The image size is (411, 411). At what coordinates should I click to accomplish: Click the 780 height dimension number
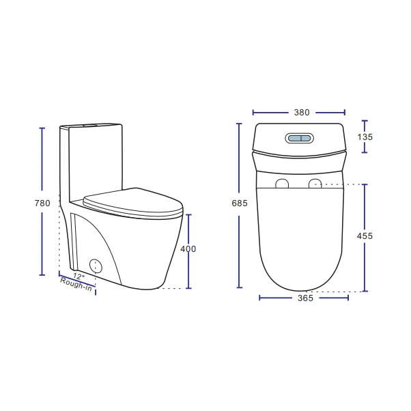click(x=42, y=203)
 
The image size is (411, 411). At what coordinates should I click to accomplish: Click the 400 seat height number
click(x=188, y=249)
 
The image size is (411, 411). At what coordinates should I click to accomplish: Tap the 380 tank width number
click(x=301, y=113)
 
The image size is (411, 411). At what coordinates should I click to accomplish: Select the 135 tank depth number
click(x=365, y=137)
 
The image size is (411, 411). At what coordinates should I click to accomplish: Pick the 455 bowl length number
click(x=365, y=236)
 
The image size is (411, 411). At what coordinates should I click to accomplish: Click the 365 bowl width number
click(x=305, y=298)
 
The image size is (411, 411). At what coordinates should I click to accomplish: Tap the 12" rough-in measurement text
click(x=79, y=277)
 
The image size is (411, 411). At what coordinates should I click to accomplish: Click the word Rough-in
click(x=76, y=285)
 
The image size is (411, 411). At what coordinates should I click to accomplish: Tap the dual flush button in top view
click(x=300, y=138)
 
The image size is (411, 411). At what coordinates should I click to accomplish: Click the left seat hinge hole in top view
click(x=281, y=184)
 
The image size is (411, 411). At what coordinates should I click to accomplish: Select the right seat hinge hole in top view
click(x=315, y=183)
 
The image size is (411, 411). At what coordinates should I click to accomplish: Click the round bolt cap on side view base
click(x=96, y=266)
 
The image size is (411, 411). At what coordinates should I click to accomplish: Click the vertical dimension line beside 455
click(x=365, y=205)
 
